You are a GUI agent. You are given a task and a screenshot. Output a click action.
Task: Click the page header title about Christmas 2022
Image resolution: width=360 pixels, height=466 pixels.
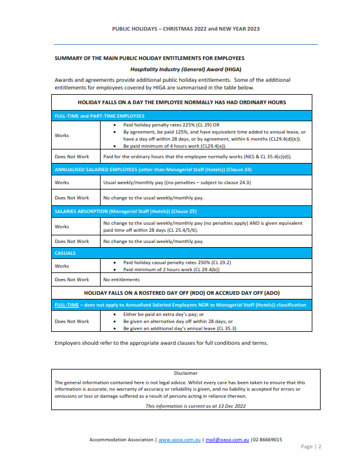185,28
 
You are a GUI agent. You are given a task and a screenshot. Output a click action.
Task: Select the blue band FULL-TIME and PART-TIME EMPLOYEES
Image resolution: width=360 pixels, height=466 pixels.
99,116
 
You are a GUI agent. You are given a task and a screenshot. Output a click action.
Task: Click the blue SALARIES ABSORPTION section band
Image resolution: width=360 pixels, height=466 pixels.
125,211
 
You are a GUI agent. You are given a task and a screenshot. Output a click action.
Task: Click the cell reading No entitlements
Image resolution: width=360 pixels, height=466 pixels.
121,279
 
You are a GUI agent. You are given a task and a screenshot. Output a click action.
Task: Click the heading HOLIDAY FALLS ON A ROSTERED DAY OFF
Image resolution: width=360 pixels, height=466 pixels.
186,292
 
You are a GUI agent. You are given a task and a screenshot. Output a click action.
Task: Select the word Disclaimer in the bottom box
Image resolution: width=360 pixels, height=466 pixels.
186,373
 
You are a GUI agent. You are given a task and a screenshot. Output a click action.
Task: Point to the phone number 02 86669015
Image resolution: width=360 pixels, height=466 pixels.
268,440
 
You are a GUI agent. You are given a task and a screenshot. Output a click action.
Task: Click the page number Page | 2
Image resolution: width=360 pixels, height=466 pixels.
311,447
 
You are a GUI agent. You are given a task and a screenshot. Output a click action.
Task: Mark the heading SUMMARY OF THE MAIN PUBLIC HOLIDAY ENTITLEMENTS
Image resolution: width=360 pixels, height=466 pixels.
149,58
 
